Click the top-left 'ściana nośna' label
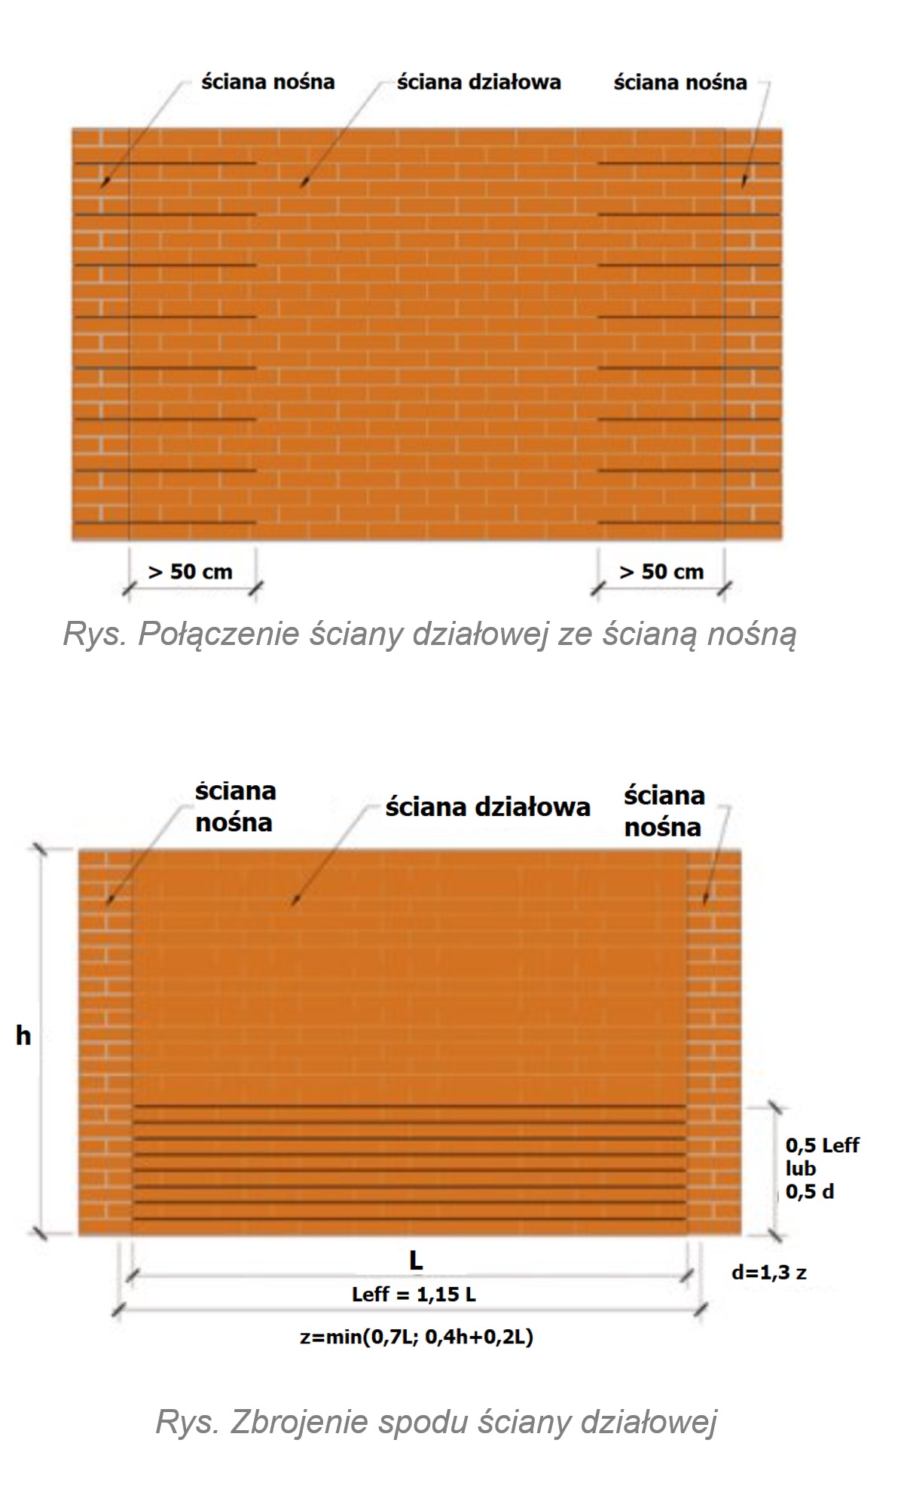tap(267, 82)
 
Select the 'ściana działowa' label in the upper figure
tap(478, 82)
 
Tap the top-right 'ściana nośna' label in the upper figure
tap(679, 82)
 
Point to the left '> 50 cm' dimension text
tap(191, 572)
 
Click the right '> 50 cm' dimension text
tap(661, 572)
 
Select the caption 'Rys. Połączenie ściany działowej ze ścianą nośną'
tap(429, 634)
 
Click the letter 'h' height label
tap(23, 1036)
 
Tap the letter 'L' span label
tap(415, 1260)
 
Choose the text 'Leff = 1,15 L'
tap(414, 1295)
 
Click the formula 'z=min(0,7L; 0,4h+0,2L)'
tap(416, 1337)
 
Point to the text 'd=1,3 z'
tap(769, 1273)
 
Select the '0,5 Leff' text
tap(822, 1145)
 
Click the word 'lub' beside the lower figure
tap(801, 1169)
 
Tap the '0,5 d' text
tap(810, 1191)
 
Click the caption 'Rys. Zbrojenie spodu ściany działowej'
tap(436, 1422)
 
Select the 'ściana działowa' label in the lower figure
tap(487, 807)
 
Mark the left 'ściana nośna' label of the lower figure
tap(234, 806)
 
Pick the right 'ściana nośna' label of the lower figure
tap(664, 811)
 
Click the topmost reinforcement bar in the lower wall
tap(409, 1105)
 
